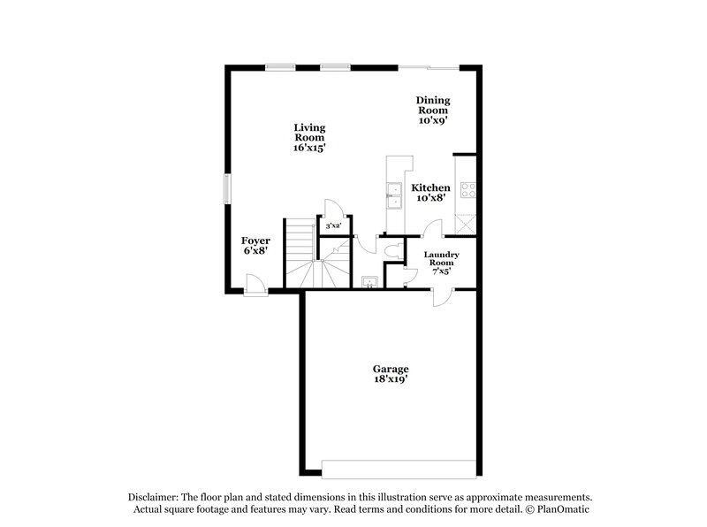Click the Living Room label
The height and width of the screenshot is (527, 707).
click(309, 138)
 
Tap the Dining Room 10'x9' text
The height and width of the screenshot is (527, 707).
click(433, 111)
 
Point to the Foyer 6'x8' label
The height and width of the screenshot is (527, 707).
click(255, 245)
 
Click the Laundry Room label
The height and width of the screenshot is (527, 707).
click(440, 263)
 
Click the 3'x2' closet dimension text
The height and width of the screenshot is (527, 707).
click(334, 227)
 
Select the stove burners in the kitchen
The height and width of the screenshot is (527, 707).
click(467, 190)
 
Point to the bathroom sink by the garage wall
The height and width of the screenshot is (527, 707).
click(369, 282)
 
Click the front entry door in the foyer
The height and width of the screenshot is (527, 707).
click(254, 285)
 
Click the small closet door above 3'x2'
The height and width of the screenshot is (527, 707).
click(333, 210)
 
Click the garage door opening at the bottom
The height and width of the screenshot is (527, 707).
click(399, 469)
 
